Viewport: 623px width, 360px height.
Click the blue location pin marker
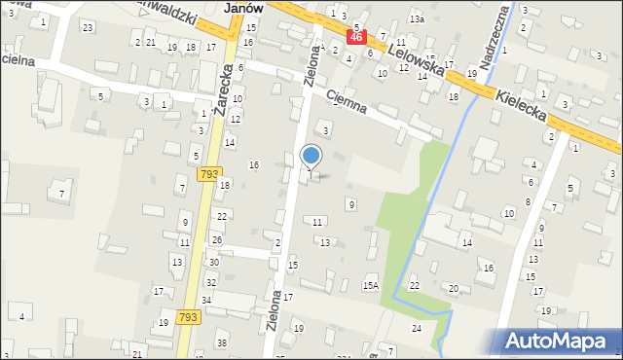(x=311, y=156)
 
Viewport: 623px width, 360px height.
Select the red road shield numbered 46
(x=356, y=37)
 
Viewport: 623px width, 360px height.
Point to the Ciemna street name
(x=346, y=101)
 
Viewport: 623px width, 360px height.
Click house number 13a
(x=417, y=19)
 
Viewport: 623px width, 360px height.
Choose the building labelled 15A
(x=370, y=285)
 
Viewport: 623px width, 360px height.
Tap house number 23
(x=88, y=27)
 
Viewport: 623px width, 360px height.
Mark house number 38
(x=221, y=343)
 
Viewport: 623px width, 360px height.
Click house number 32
(x=211, y=282)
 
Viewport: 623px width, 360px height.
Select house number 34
(x=206, y=301)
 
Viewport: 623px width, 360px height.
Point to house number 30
(x=213, y=263)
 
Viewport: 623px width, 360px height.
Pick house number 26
(x=216, y=239)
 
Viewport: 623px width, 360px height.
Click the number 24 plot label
(x=416, y=329)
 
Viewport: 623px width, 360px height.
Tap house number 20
(x=453, y=289)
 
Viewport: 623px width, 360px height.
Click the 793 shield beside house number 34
(x=190, y=317)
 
